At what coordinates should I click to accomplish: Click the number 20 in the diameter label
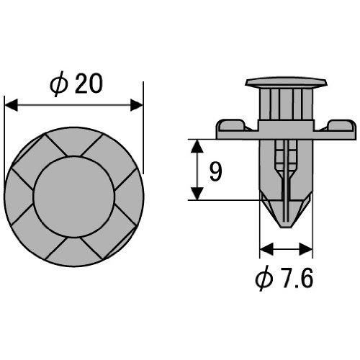pos(89,84)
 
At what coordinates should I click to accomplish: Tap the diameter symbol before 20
pos(58,84)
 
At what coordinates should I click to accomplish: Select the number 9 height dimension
pos(215,171)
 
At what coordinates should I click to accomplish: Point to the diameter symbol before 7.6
pos(264,279)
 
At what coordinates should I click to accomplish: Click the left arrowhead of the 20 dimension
pos(11,105)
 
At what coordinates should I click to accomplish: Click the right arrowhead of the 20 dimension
pos(136,105)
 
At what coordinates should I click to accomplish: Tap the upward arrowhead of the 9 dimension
pos(197,146)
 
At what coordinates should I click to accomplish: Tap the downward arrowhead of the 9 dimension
pos(197,194)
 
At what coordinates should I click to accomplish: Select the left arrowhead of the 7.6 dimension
pos(266,249)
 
